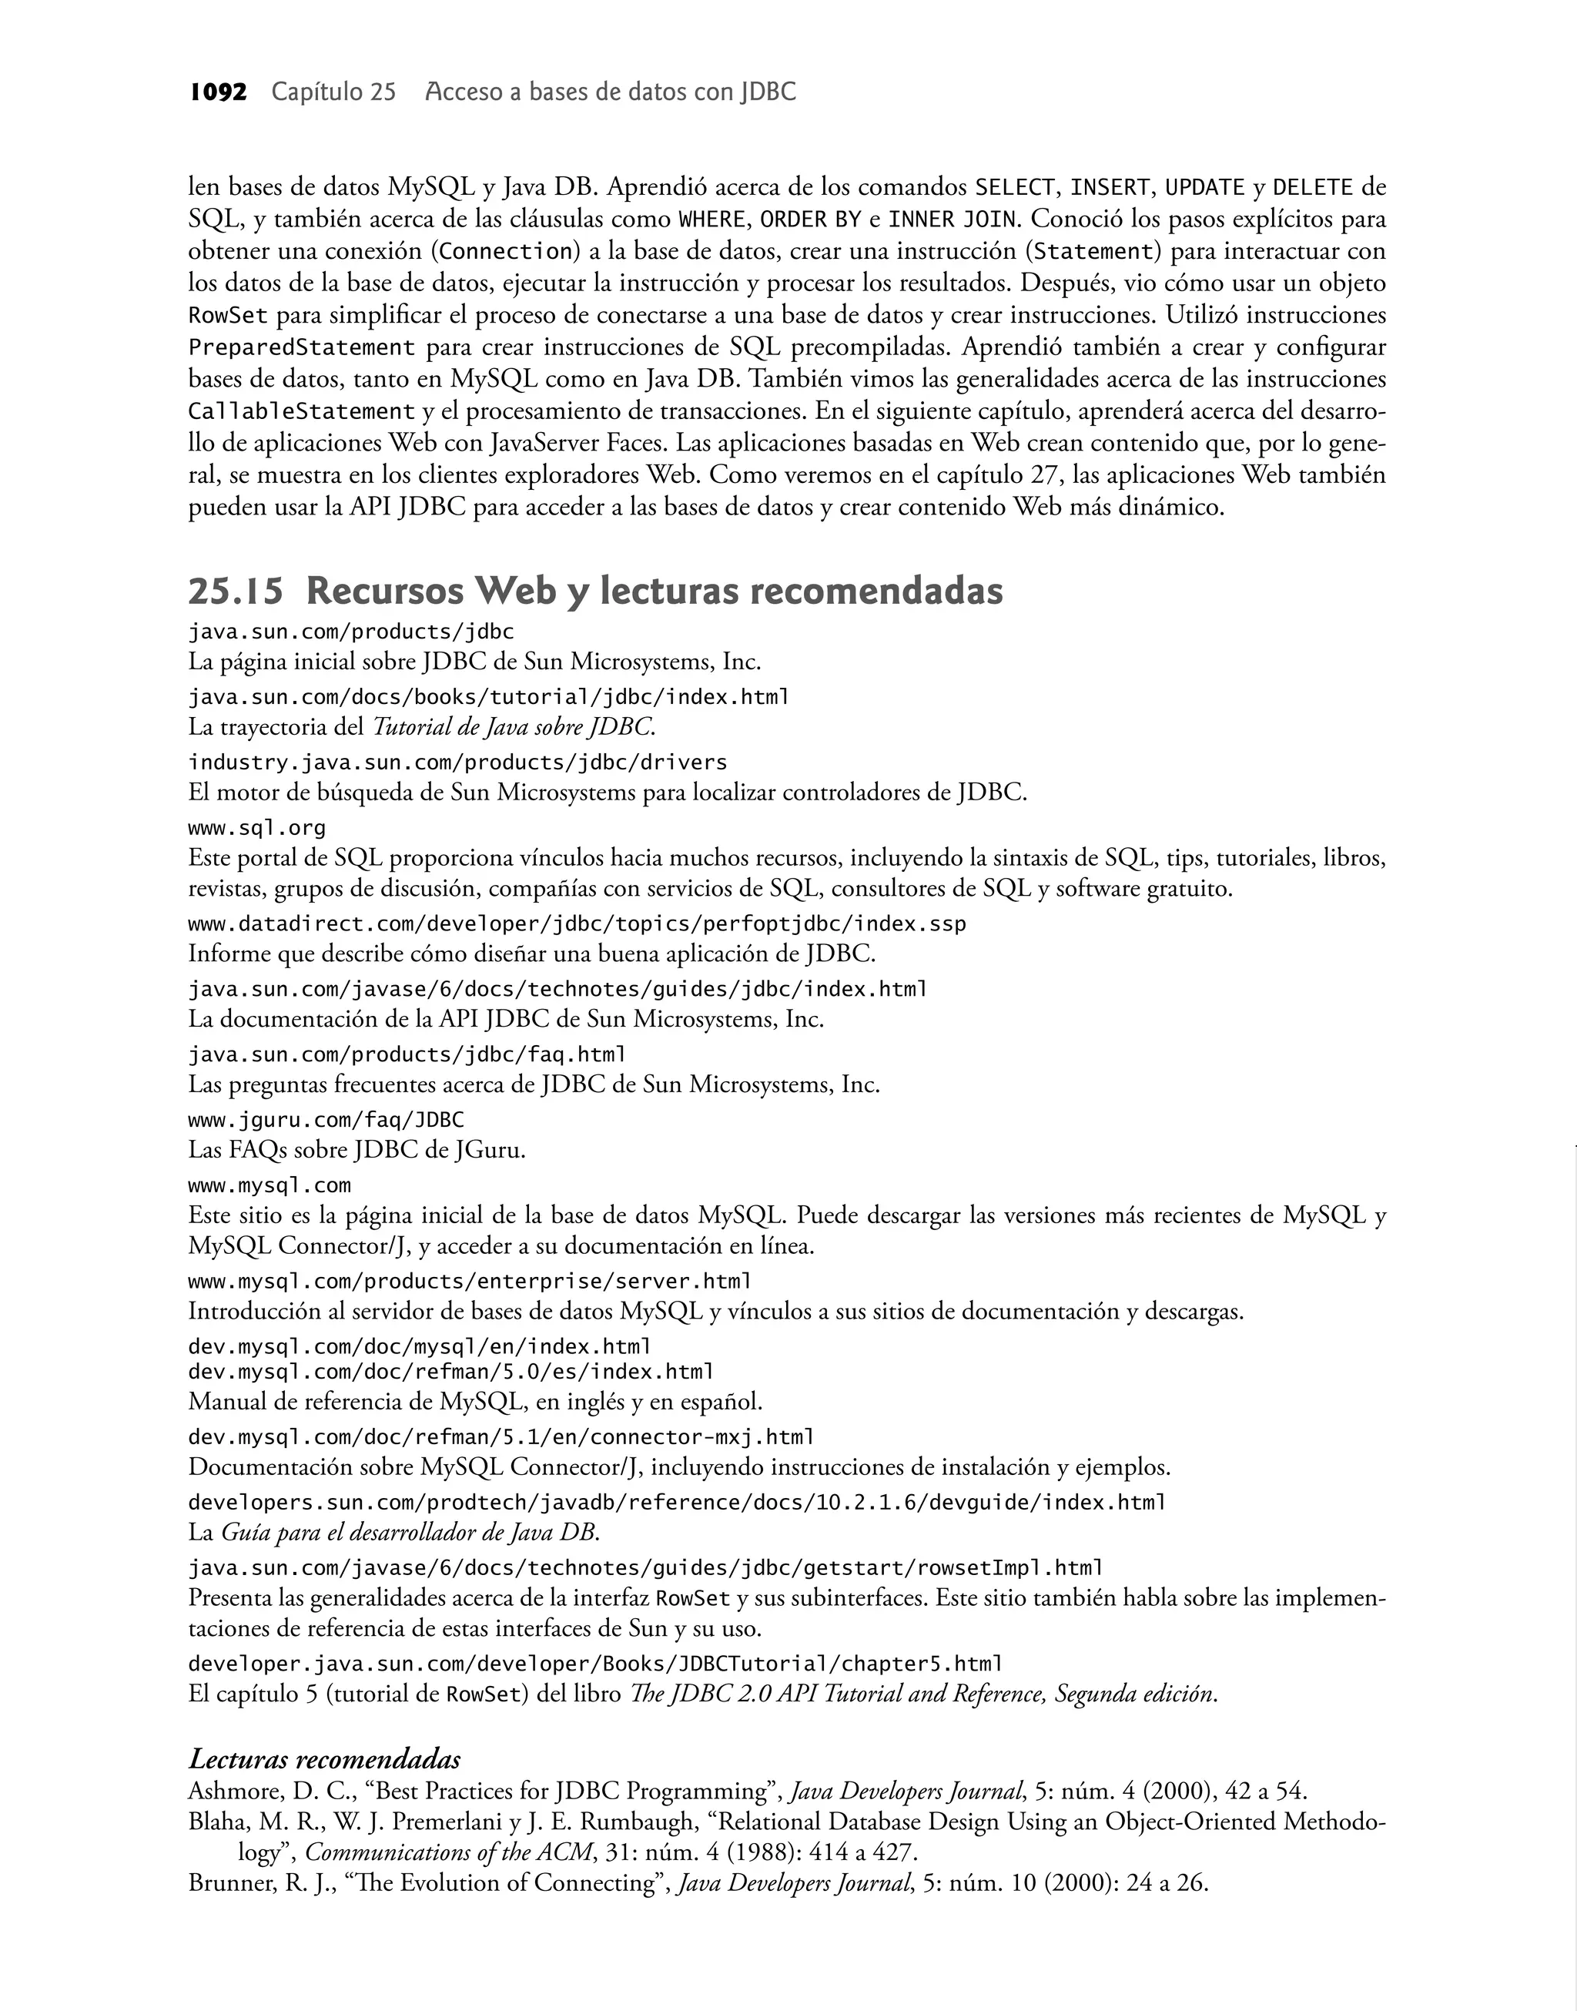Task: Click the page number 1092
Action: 218,92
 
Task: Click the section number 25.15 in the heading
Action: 236,591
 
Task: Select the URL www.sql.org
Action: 256,827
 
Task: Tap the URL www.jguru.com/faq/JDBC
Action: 326,1120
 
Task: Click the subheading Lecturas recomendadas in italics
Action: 324,1759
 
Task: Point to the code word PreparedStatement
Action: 302,347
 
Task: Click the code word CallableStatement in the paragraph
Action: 301,411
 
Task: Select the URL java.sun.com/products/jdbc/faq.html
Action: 407,1054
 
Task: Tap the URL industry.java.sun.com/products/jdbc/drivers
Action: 457,763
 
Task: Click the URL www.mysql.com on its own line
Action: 270,1185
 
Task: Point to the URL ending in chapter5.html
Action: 594,1664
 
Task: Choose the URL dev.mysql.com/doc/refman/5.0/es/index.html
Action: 450,1371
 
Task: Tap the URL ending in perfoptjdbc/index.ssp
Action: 577,924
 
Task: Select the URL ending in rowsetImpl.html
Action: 645,1568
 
